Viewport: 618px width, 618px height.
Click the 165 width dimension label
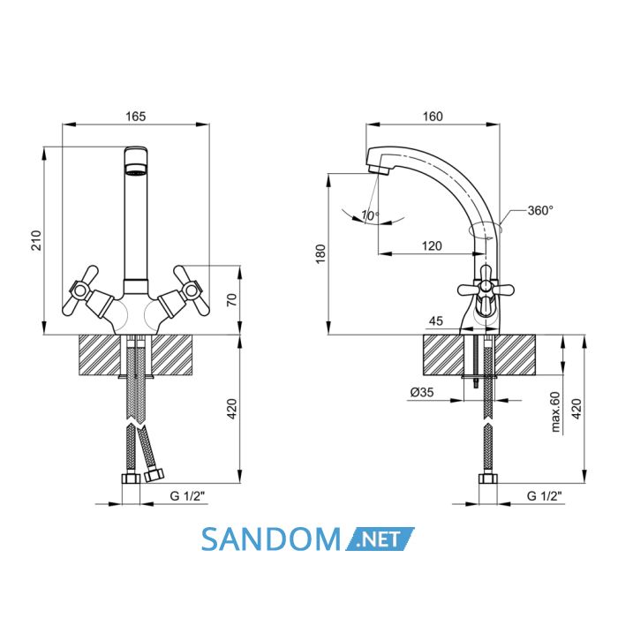point(136,117)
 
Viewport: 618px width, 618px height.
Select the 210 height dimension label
point(36,240)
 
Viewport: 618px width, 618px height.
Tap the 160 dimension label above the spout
point(433,117)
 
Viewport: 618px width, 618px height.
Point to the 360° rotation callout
point(540,210)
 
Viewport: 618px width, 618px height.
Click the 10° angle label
point(371,215)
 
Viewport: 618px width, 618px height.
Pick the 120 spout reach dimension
point(432,246)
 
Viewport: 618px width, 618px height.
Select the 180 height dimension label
point(321,253)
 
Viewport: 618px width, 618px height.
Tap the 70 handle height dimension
point(232,299)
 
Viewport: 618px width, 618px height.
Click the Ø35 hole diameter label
point(422,392)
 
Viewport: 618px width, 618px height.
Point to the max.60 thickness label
point(555,412)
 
